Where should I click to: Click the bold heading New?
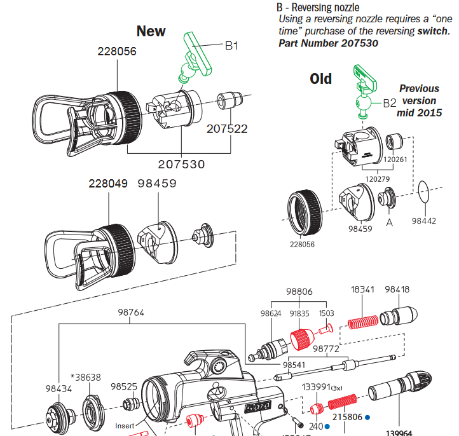tap(151, 31)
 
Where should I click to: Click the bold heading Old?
tap(320, 79)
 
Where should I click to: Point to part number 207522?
tap(227, 129)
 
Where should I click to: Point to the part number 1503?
tap(325, 314)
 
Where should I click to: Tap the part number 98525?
tap(124, 386)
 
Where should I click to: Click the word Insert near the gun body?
tap(125, 425)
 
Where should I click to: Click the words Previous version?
tap(419, 95)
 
